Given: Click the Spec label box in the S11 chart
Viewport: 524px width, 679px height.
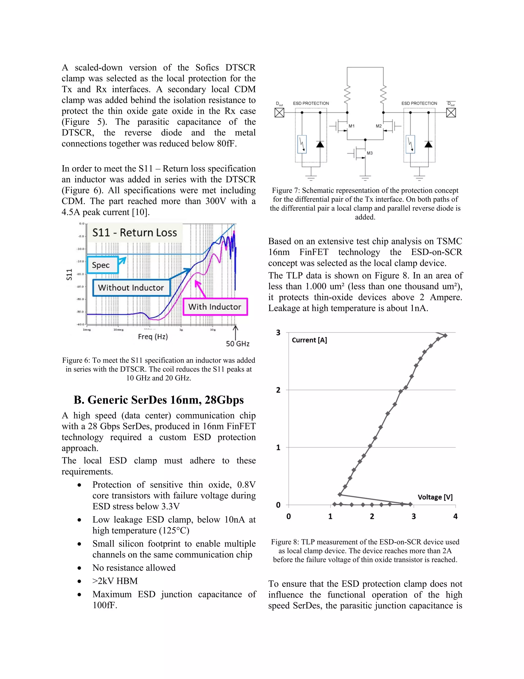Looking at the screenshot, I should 102,265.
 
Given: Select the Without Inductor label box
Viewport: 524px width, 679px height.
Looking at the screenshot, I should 131,287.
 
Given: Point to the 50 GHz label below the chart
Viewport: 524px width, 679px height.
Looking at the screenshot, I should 237,344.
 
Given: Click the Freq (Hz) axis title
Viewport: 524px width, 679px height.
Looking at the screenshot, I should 153,336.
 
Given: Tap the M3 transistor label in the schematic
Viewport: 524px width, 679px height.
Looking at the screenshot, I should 369,153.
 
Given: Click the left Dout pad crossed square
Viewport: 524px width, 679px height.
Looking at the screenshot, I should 279,112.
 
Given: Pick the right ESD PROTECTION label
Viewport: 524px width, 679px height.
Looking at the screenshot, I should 419,103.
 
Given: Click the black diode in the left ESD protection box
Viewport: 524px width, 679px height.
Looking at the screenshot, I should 320,144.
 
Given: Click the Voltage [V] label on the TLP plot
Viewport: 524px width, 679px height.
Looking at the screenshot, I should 435,497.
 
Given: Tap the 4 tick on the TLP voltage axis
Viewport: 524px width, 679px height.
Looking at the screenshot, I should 455,516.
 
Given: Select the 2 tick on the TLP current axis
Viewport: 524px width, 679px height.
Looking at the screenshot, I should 278,390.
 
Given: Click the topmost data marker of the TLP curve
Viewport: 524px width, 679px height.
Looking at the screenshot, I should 445,335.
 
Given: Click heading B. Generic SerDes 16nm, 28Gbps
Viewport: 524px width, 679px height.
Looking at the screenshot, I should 159,400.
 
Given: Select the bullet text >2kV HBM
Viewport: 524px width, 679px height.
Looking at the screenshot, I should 115,581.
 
